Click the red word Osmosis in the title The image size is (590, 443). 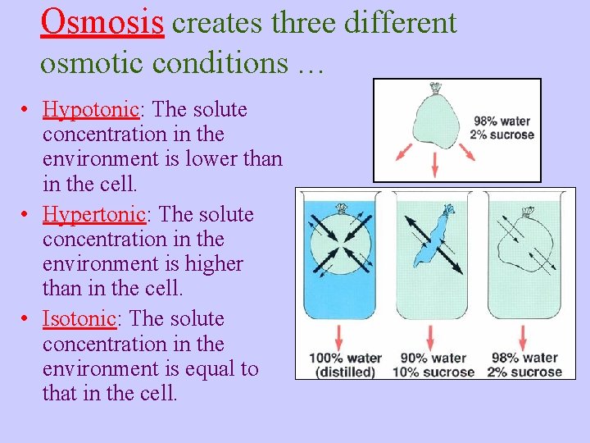pyautogui.click(x=102, y=21)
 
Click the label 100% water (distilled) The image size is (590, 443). pyautogui.click(x=345, y=364)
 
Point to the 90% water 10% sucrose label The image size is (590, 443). pyautogui.click(x=433, y=364)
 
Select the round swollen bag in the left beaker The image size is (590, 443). pyautogui.click(x=339, y=243)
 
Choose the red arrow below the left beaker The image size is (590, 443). pyautogui.click(x=339, y=336)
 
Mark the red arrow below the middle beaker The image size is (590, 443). pyautogui.click(x=431, y=336)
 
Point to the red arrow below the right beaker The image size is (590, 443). pyautogui.click(x=522, y=336)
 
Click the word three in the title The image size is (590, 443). pyautogui.click(x=298, y=23)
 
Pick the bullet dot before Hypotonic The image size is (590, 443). pyautogui.click(x=27, y=110)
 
